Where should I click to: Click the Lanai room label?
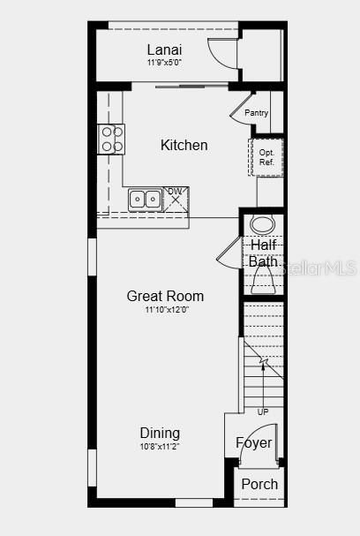[x=164, y=49]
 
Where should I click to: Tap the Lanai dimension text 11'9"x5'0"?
[x=164, y=63]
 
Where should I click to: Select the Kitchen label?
[x=184, y=145]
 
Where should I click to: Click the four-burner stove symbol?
[x=111, y=139]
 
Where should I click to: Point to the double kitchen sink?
[x=144, y=200]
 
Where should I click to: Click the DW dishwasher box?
[x=176, y=198]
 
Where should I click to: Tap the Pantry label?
[x=256, y=113]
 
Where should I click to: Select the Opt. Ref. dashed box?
[x=266, y=157]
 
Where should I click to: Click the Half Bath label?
[x=263, y=253]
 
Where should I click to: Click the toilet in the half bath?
[x=263, y=281]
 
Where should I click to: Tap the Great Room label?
[x=165, y=296]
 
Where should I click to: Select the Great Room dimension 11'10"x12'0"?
[x=165, y=310]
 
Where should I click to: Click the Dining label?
[x=160, y=433]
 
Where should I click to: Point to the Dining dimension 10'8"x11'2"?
[x=160, y=447]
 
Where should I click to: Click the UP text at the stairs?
[x=263, y=412]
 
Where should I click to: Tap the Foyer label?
[x=254, y=443]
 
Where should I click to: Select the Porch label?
[x=259, y=484]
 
